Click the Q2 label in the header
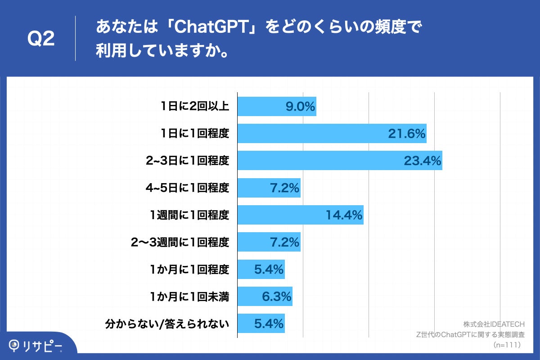click(41, 39)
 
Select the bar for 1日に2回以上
click(277, 107)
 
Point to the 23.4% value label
click(422, 161)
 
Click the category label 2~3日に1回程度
click(188, 161)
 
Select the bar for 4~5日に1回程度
click(269, 188)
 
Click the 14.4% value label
click(344, 215)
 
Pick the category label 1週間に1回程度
click(190, 215)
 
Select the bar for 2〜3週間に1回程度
click(269, 242)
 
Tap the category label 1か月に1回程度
click(190, 270)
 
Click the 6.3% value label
click(276, 297)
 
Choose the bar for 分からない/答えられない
click(261, 324)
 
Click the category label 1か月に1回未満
click(190, 297)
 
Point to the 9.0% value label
click(300, 107)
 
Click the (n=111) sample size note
click(507, 345)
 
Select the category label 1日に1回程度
click(195, 134)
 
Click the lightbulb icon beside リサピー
click(15, 345)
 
